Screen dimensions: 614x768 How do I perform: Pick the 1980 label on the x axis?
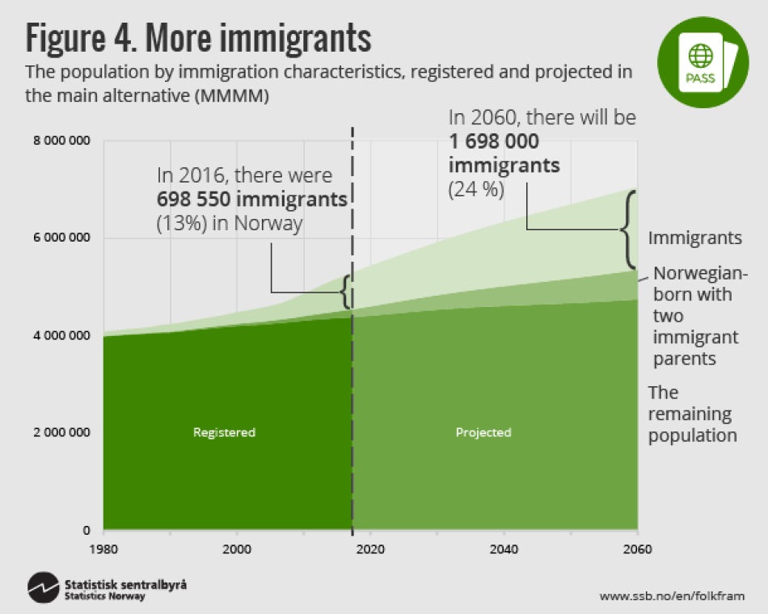click(x=103, y=548)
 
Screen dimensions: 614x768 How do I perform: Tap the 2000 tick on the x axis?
click(x=236, y=548)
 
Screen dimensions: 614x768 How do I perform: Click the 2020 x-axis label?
click(x=369, y=548)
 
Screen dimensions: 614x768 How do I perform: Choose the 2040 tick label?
click(x=504, y=548)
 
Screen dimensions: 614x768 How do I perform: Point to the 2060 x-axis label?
click(x=637, y=548)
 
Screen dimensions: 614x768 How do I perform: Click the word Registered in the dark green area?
click(x=224, y=432)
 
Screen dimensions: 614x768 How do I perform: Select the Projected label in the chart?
click(x=483, y=432)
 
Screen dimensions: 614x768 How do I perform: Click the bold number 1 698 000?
click(x=494, y=142)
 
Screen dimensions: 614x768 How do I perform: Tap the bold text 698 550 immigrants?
click(x=252, y=199)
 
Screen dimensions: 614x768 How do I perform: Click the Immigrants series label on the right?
click(x=694, y=238)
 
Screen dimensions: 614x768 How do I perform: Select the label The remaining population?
click(x=692, y=414)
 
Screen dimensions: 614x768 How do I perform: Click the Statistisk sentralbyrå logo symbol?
click(x=43, y=588)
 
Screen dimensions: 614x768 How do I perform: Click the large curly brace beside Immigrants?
click(x=630, y=230)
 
